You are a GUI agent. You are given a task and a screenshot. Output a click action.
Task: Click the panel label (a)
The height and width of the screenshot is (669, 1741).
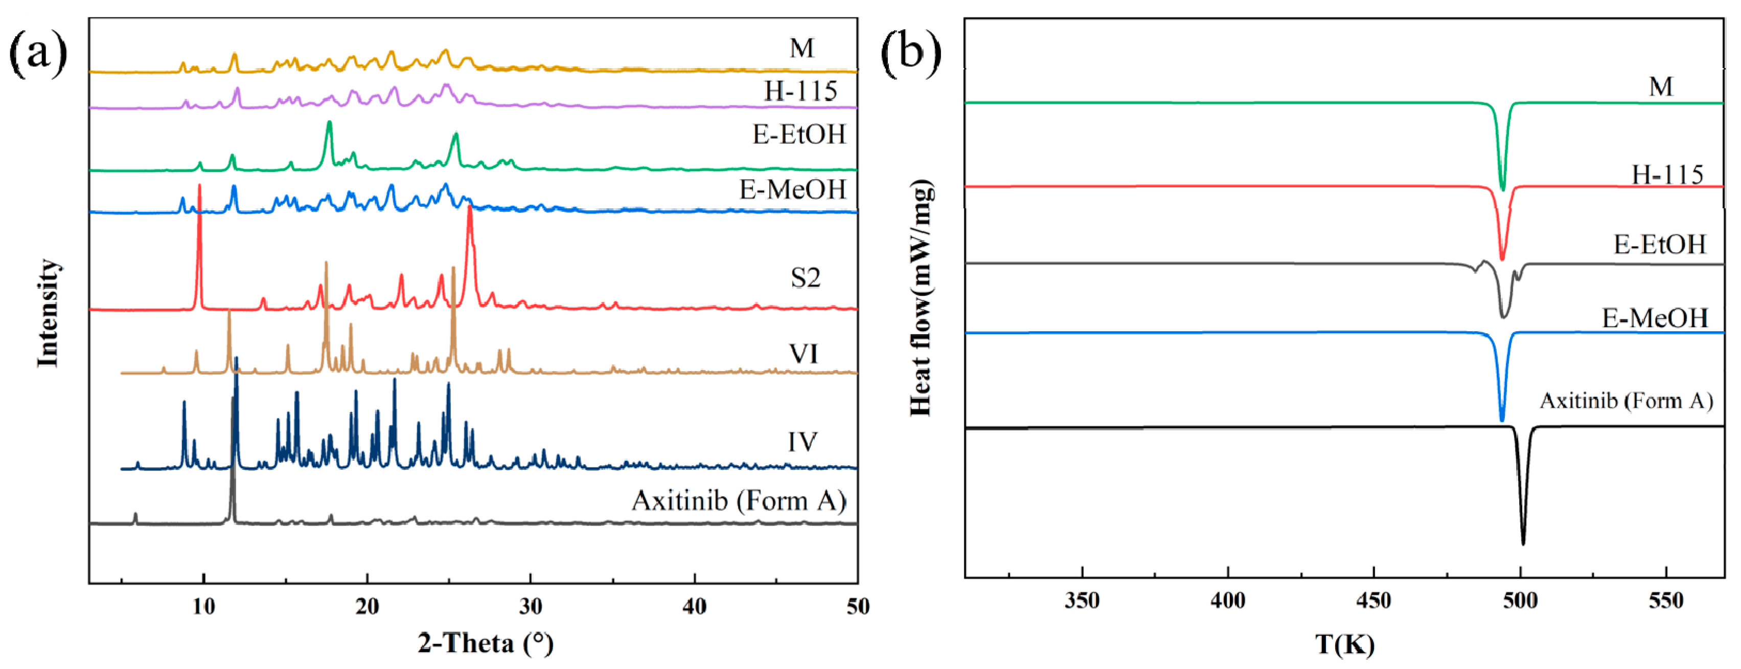(38, 53)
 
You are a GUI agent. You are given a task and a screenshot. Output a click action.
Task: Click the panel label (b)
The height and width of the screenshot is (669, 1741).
(910, 53)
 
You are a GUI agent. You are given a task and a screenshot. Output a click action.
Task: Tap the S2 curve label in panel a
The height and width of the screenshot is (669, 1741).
(805, 278)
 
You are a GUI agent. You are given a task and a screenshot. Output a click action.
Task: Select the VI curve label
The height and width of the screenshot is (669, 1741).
(803, 354)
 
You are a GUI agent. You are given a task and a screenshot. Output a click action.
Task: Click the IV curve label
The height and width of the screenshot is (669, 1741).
(802, 442)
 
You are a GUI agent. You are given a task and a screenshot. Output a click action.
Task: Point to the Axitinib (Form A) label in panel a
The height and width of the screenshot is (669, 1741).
(738, 501)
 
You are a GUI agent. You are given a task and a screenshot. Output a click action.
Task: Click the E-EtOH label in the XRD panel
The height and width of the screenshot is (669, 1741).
(799, 135)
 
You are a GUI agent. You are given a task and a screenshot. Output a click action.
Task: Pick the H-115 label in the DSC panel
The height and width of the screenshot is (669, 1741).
(1667, 175)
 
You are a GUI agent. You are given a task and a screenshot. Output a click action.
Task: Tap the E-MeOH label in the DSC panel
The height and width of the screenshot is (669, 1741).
(1655, 318)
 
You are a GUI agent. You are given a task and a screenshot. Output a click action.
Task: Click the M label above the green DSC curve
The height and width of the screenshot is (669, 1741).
(1661, 87)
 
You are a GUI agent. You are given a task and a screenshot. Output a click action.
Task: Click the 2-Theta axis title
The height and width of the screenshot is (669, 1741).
(485, 643)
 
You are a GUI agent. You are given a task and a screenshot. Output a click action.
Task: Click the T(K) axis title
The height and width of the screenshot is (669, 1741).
(1344, 644)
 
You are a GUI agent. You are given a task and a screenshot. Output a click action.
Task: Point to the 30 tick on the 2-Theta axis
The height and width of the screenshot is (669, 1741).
(531, 606)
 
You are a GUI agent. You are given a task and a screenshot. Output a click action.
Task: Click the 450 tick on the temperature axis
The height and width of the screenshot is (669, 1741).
(1373, 601)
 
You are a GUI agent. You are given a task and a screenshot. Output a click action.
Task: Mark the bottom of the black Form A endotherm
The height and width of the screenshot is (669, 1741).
(1523, 543)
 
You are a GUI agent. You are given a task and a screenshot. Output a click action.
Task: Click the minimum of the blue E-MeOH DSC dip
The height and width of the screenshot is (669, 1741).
(1502, 420)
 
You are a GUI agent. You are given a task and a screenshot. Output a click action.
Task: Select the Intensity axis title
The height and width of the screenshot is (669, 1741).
(48, 313)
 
